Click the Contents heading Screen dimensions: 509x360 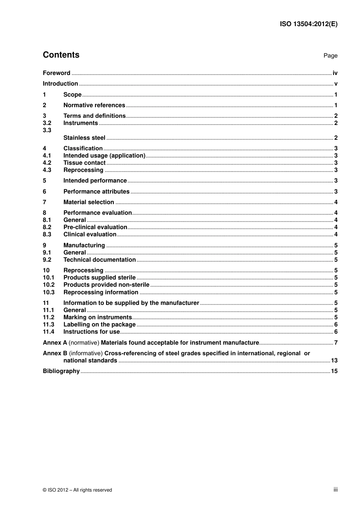pyautogui.click(x=61, y=55)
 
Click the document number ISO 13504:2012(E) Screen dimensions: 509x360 pyautogui.click(x=308, y=24)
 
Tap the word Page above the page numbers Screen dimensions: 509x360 pyautogui.click(x=330, y=56)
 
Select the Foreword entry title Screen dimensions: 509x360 pyautogui.click(x=56, y=73)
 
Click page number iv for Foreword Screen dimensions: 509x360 pyautogui.click(x=335, y=73)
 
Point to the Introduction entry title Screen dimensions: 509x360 pyautogui.click(x=60, y=84)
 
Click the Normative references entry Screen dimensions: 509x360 pyautogui.click(x=94, y=105)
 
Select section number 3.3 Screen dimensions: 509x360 pyautogui.click(x=47, y=130)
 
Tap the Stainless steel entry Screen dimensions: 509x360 pyautogui.click(x=84, y=138)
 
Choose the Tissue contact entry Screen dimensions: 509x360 pyautogui.click(x=84, y=163)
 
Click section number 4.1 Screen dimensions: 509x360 pyautogui.click(x=47, y=156)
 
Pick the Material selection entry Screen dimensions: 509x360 pyautogui.click(x=89, y=202)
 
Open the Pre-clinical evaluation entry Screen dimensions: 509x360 pyautogui.click(x=95, y=227)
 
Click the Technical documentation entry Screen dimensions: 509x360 pyautogui.click(x=99, y=260)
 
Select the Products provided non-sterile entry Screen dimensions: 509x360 pyautogui.click(x=106, y=285)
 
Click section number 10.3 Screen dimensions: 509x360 pyautogui.click(x=49, y=292)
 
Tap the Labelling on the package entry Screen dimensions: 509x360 pyautogui.click(x=99, y=325)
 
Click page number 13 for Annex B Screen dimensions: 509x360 pyautogui.click(x=334, y=361)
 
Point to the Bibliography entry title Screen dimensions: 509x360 pyautogui.click(x=61, y=371)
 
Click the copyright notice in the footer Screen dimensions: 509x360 pyautogui.click(x=77, y=490)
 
